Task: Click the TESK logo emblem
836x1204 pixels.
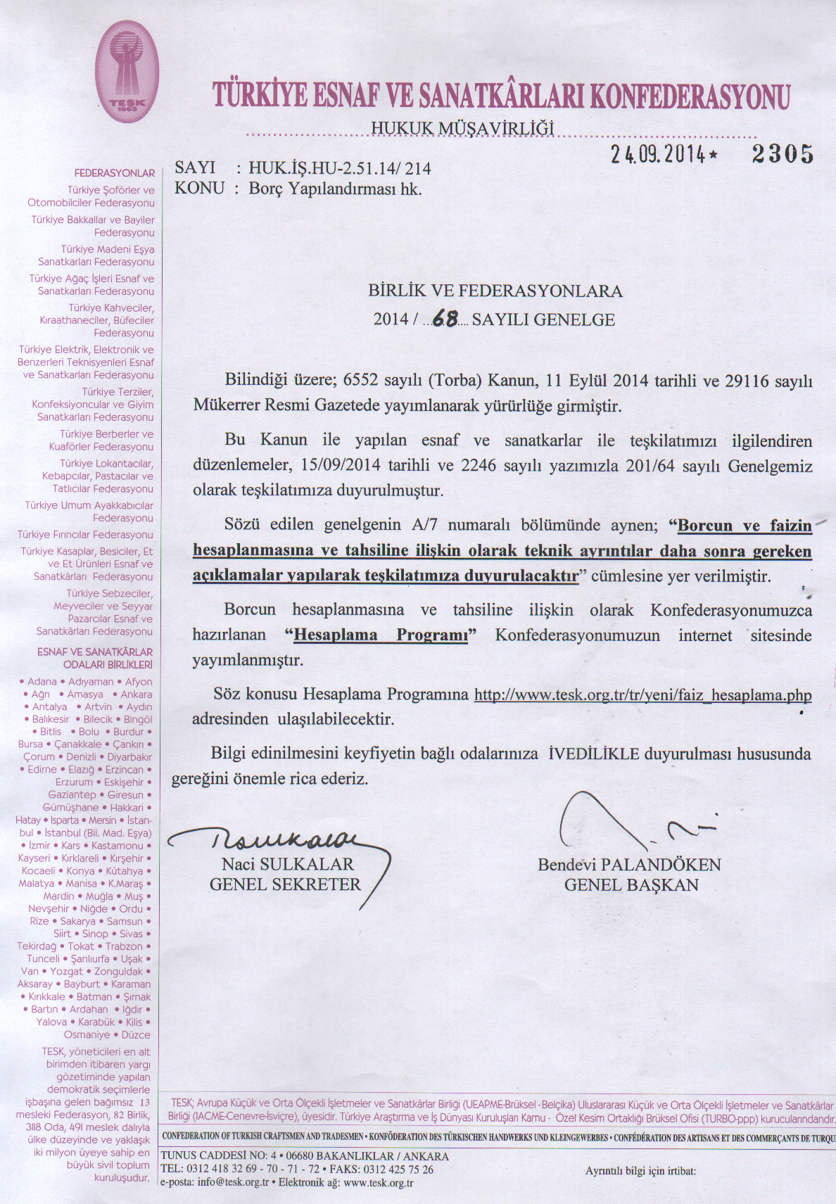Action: tap(127, 71)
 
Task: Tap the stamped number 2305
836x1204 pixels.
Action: tap(782, 153)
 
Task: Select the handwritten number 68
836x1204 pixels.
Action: tap(445, 319)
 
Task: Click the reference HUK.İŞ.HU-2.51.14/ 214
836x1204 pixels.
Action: tap(340, 168)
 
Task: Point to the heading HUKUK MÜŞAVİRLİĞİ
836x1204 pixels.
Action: tap(462, 128)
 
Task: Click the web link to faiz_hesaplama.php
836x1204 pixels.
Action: tap(642, 695)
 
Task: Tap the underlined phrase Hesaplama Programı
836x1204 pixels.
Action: tap(381, 635)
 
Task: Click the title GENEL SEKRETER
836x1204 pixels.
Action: tap(285, 885)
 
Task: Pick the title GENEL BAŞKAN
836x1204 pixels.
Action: tap(631, 885)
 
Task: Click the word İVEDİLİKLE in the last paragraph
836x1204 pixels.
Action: tap(593, 754)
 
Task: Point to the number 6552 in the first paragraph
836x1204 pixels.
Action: tap(360, 381)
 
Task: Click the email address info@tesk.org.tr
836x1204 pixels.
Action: tap(233, 1182)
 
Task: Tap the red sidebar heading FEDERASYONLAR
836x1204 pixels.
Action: tap(115, 173)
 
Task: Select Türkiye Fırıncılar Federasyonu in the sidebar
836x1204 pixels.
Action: tap(85, 535)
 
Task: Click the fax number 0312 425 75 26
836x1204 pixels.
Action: tap(398, 1170)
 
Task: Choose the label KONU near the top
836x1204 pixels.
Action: tap(199, 188)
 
